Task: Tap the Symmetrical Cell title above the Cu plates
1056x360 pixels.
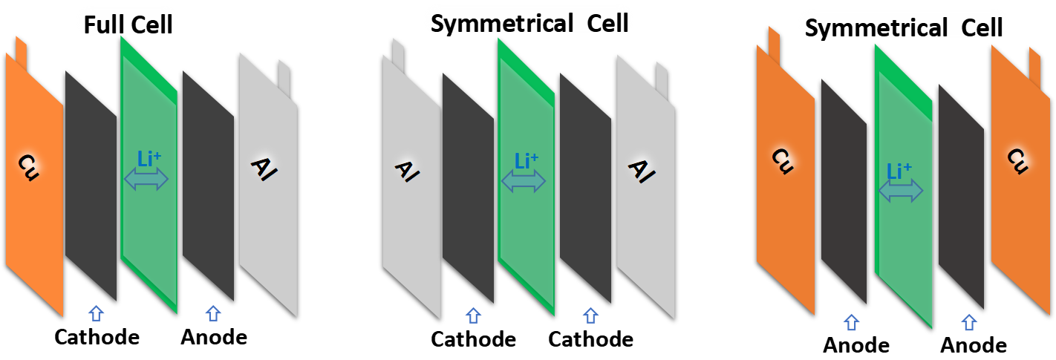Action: pyautogui.click(x=904, y=27)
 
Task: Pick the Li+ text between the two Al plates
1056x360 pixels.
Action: pyautogui.click(x=527, y=160)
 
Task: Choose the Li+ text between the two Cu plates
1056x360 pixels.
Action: pyautogui.click(x=901, y=171)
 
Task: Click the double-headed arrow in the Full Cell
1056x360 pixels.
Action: pyautogui.click(x=146, y=179)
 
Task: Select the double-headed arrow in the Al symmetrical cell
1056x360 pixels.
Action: pyautogui.click(x=524, y=180)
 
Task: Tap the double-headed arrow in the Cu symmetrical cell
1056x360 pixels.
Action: pyautogui.click(x=901, y=192)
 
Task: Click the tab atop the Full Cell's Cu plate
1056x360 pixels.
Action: pyautogui.click(x=21, y=52)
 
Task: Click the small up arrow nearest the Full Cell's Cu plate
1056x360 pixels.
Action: pyautogui.click(x=96, y=313)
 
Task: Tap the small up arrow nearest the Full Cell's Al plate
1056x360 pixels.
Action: pyautogui.click(x=213, y=313)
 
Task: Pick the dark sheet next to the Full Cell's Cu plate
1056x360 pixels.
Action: pyautogui.click(x=91, y=178)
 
